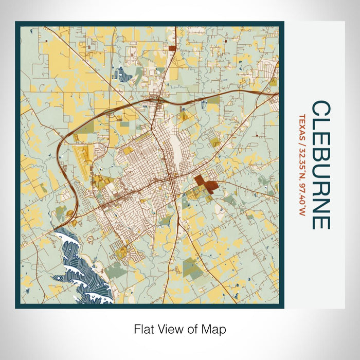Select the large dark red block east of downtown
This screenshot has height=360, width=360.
[205, 184]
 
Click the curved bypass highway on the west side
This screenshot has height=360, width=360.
[62, 154]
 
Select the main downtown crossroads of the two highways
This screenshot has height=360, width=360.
[170, 181]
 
